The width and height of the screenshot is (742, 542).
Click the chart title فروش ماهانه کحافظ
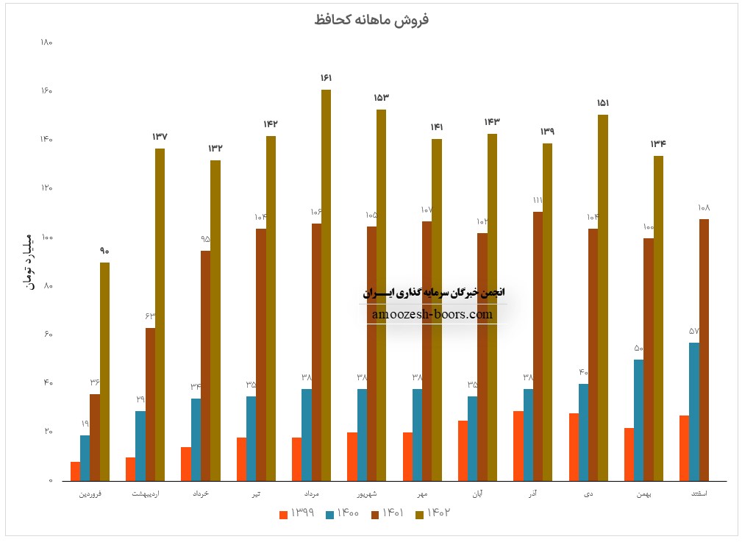[371, 20]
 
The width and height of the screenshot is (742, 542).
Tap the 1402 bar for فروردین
[104, 371]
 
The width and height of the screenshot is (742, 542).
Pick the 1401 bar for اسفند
[704, 350]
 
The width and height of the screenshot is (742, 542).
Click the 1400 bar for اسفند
[694, 412]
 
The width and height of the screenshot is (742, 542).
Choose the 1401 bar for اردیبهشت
[150, 404]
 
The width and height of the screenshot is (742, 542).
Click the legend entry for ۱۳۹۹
[297, 513]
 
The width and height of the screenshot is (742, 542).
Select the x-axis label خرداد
[199, 493]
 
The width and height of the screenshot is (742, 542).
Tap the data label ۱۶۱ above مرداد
[326, 78]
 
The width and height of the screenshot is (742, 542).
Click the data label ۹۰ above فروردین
[104, 251]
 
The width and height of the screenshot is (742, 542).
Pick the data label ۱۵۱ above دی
[603, 103]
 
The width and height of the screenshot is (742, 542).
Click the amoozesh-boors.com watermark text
[432, 314]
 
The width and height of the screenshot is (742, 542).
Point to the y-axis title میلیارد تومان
[30, 262]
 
